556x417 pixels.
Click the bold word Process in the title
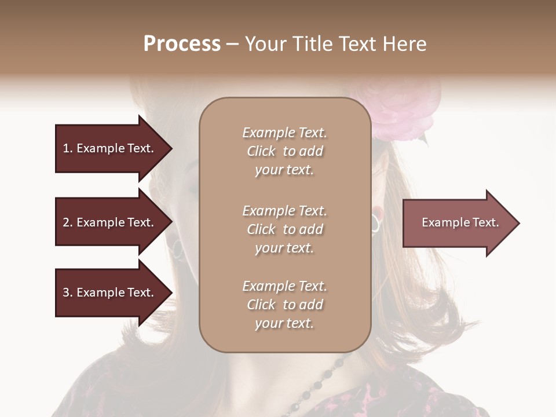click(182, 44)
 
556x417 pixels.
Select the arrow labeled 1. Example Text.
click(110, 148)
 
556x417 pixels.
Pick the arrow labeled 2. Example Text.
click(110, 222)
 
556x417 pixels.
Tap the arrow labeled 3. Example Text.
click(110, 292)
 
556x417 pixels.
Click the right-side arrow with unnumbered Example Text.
click(458, 222)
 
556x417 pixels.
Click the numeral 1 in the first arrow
click(66, 148)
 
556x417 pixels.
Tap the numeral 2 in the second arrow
click(66, 222)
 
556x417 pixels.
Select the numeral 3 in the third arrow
click(66, 292)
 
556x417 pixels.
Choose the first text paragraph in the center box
click(284, 151)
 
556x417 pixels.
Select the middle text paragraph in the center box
click(284, 229)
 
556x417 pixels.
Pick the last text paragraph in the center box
click(284, 305)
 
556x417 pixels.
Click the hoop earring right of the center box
click(376, 222)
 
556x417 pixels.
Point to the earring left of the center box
click(177, 249)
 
